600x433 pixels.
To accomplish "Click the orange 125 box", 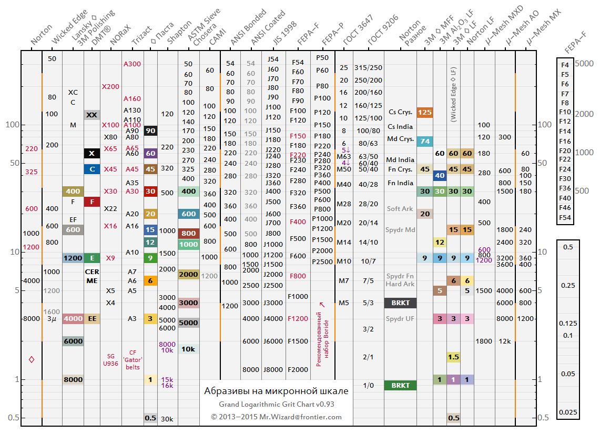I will click(x=424, y=112).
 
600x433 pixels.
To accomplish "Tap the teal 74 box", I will click(x=424, y=141).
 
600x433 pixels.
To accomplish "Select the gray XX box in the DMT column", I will click(x=92, y=115).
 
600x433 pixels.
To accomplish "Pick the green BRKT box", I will click(x=400, y=385).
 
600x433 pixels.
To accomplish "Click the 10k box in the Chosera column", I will click(x=188, y=349).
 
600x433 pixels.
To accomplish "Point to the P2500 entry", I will click(x=322, y=261).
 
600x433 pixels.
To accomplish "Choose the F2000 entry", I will click(x=298, y=369).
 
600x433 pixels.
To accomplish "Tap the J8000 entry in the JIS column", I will click(x=273, y=369).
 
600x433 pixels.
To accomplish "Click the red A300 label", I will click(x=132, y=64).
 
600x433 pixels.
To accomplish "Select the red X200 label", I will click(x=110, y=86).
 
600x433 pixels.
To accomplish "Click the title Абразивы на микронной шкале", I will click(x=276, y=391).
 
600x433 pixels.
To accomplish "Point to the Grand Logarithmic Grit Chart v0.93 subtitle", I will click(x=277, y=405).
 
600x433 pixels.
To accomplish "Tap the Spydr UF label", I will click(x=400, y=318).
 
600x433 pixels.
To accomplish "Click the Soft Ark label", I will click(x=400, y=208).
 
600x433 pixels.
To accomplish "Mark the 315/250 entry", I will click(x=369, y=67).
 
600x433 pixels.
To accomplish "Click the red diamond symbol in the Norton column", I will click(x=32, y=359).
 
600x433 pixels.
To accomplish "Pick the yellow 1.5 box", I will click(x=454, y=357).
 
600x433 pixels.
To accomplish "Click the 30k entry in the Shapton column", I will click(x=167, y=419).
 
